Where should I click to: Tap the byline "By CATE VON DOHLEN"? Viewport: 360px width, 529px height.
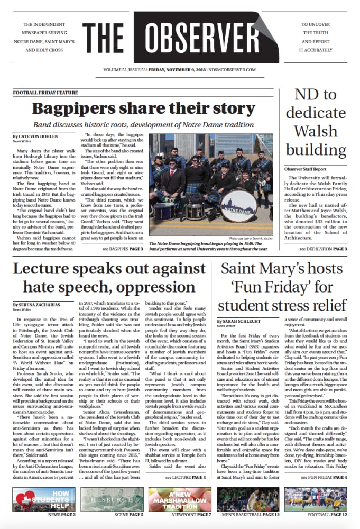pos(35,136)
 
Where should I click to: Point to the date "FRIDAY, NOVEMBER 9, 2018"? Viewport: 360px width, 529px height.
pos(179,69)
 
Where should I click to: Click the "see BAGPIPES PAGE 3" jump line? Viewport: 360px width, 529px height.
pos(123,248)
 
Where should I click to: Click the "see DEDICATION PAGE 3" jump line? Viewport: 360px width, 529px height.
pos(323,248)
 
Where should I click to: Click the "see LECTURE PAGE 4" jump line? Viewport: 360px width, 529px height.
pos(185,478)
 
